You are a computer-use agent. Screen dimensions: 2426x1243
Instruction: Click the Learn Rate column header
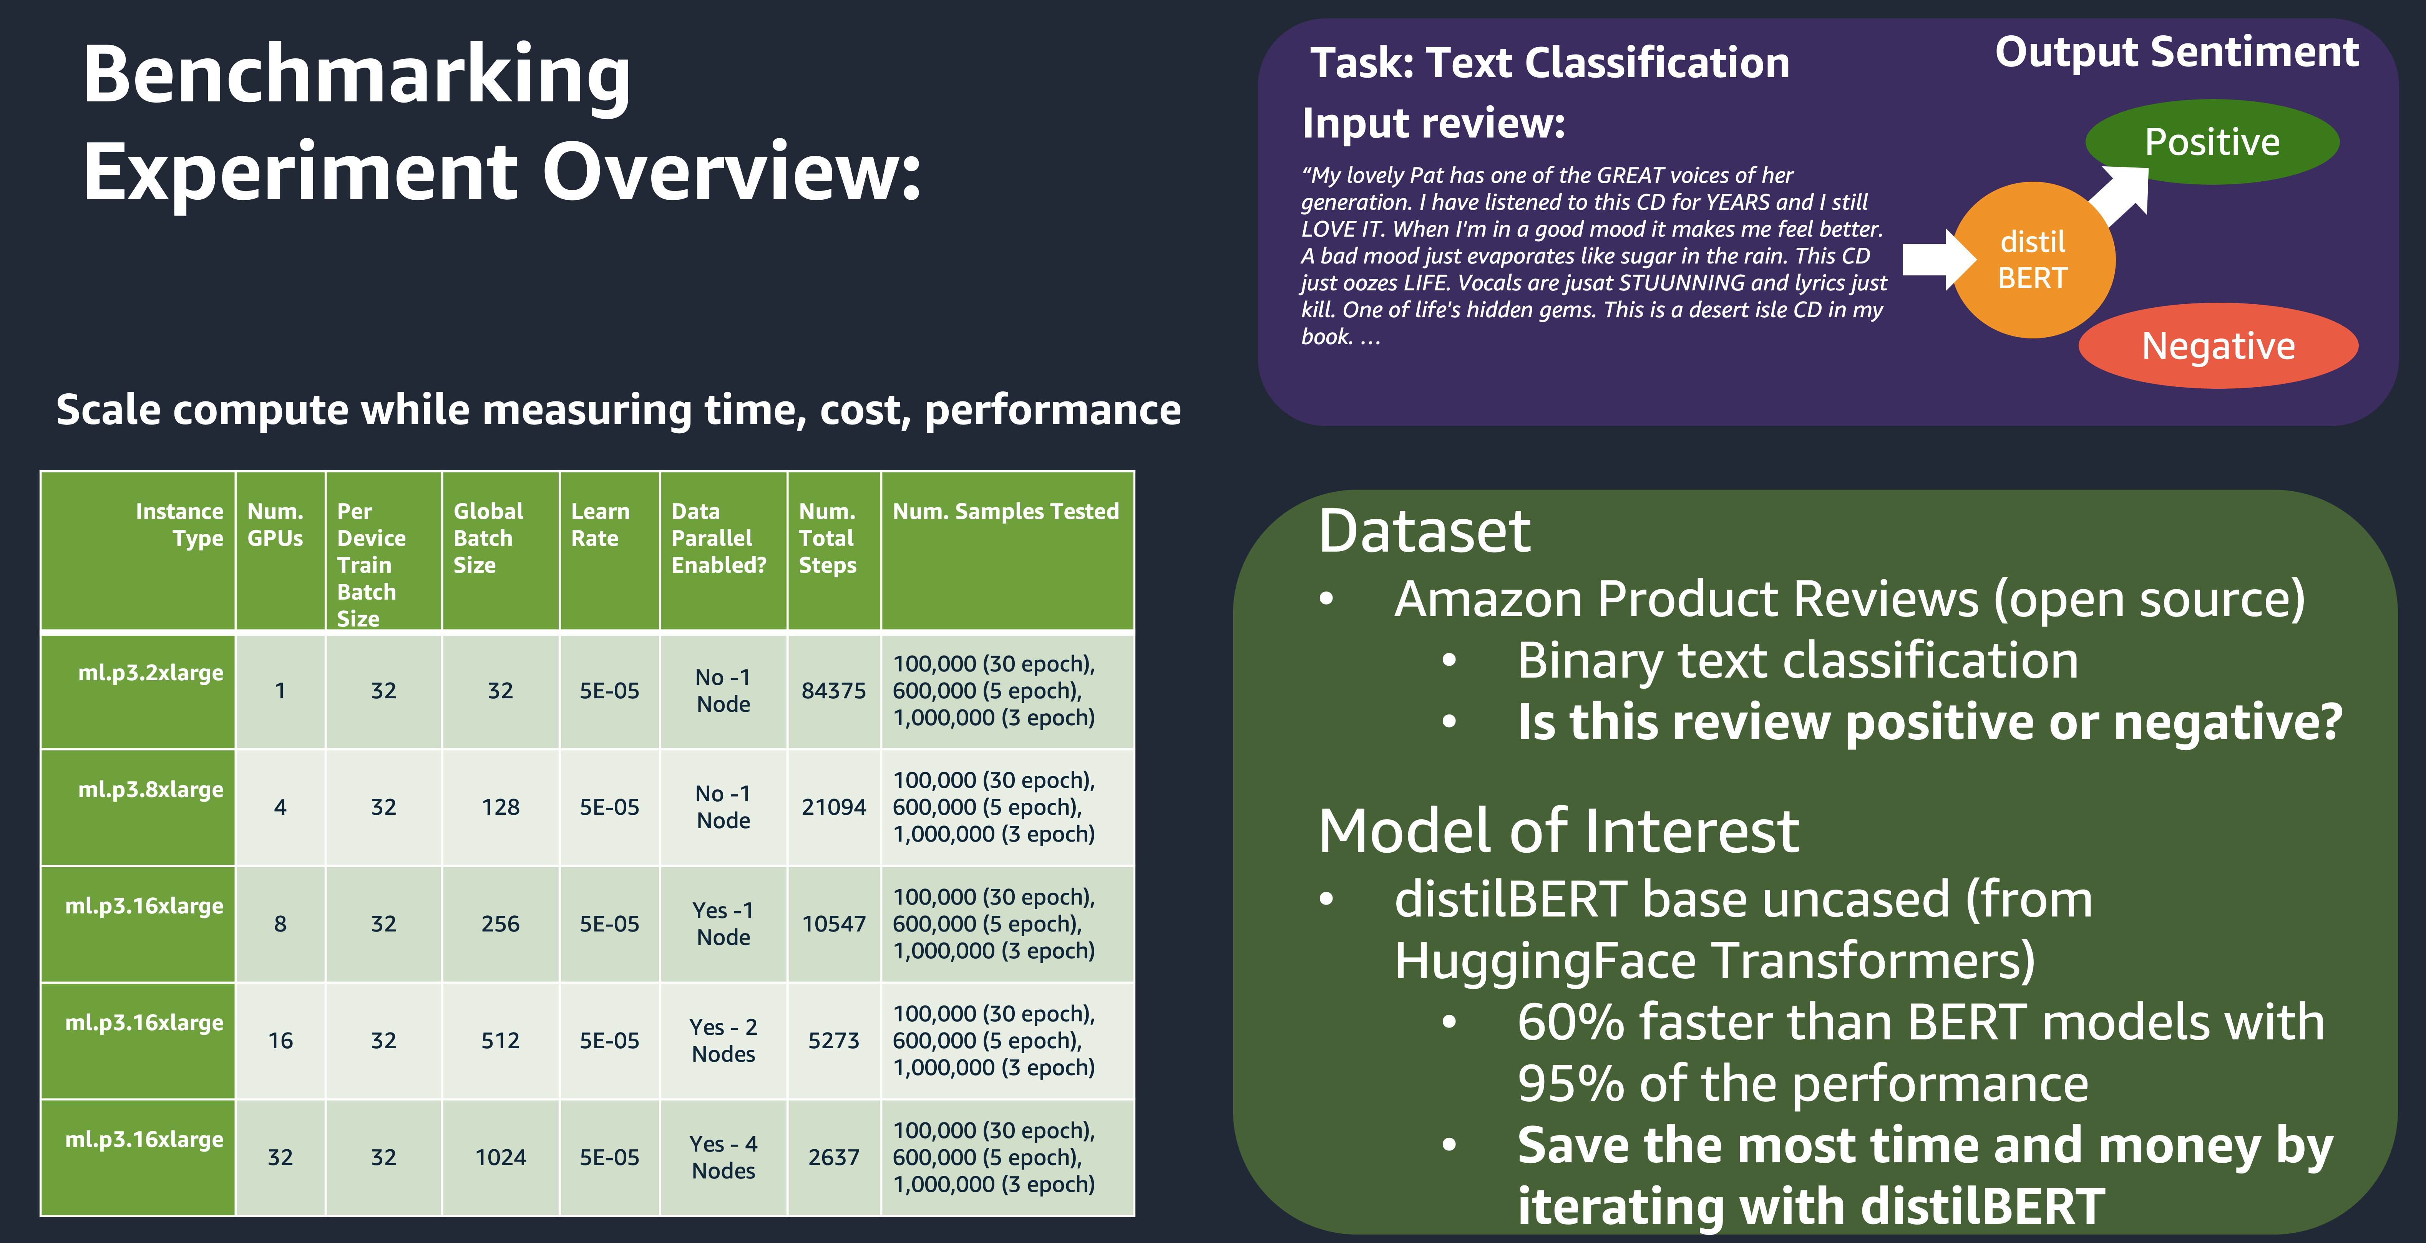tap(600, 524)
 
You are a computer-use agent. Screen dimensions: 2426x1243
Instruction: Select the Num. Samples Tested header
tap(1006, 511)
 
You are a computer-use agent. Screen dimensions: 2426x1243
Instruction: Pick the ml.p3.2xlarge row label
tap(151, 672)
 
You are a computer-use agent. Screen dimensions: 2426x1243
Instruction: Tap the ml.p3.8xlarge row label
tap(151, 789)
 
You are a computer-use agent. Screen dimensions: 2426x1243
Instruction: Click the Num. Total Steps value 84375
tap(833, 690)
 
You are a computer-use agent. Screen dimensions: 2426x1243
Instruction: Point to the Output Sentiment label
tap(2176, 52)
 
